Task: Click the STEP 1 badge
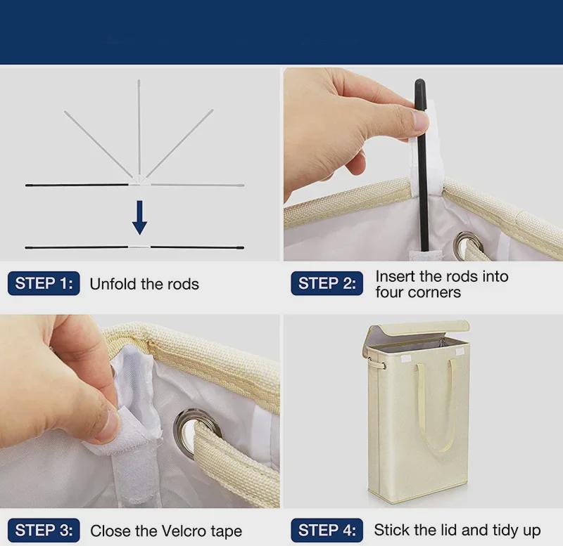coord(44,283)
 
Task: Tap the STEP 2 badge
coord(327,283)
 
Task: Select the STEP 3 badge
coord(44,530)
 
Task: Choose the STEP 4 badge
coord(327,530)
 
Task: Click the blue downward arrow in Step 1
coord(139,218)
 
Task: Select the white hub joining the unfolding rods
coord(140,181)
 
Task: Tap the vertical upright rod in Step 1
coord(139,127)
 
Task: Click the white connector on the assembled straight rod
coord(139,247)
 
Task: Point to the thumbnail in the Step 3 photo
coord(108,420)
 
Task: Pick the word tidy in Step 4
coord(506,531)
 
